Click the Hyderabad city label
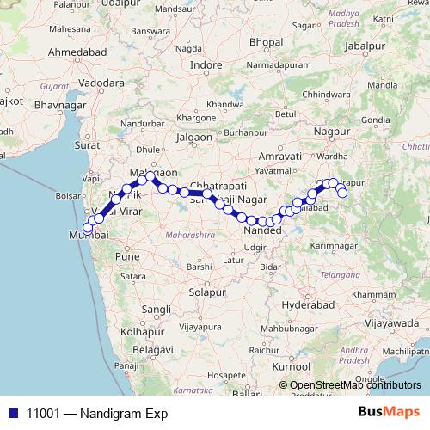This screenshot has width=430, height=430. coord(307,305)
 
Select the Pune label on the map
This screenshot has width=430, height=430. coord(127,256)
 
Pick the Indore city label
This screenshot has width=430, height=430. coord(206,64)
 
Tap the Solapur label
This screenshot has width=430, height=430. coord(206,292)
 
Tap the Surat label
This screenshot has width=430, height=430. coord(88,145)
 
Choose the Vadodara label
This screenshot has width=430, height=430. coord(101,84)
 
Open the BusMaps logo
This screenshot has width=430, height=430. coord(390,412)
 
